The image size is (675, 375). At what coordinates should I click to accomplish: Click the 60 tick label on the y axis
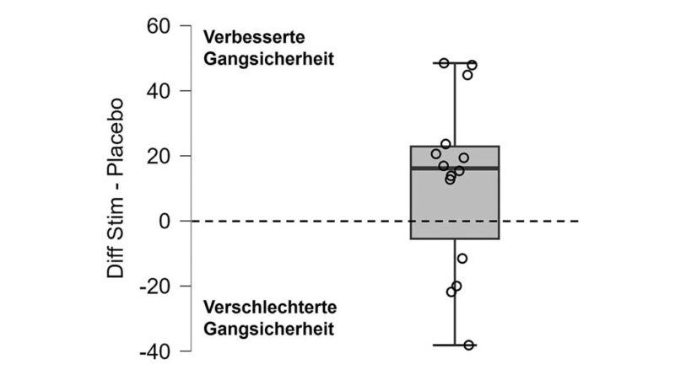(x=159, y=26)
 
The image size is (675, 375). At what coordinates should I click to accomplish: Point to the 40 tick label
(x=159, y=91)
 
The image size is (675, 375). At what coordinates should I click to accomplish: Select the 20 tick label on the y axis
(x=159, y=156)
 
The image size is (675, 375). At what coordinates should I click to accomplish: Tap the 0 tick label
(x=165, y=221)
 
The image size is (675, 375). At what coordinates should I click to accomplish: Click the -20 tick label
(x=155, y=286)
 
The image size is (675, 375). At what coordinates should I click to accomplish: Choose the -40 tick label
(x=155, y=351)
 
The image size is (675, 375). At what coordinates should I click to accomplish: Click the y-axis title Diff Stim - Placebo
(x=115, y=189)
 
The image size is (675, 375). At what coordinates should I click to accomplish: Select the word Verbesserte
(x=254, y=37)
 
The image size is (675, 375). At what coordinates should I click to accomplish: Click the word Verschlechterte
(x=270, y=307)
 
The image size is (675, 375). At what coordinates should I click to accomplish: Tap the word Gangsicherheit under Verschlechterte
(x=268, y=329)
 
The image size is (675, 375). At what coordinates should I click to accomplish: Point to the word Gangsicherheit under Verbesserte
(x=268, y=59)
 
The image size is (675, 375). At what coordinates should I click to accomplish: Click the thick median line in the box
(x=455, y=169)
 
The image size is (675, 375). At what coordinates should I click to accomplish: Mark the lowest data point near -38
(x=469, y=345)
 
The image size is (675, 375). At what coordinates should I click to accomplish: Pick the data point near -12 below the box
(x=462, y=259)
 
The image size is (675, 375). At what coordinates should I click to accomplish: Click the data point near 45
(x=467, y=75)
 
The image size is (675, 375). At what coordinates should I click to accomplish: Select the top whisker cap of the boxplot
(x=455, y=63)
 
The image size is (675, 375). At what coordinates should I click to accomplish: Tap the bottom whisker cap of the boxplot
(x=455, y=345)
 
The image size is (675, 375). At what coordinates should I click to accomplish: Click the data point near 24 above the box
(x=446, y=143)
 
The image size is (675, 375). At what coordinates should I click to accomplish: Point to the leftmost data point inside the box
(x=436, y=154)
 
